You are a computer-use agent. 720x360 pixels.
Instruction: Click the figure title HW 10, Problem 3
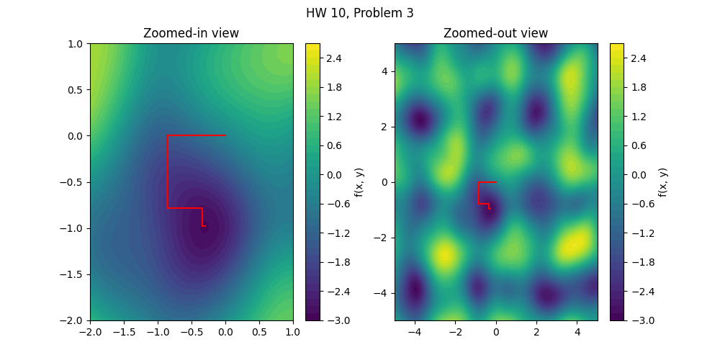[359, 13]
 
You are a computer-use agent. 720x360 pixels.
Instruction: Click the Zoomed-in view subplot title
[191, 33]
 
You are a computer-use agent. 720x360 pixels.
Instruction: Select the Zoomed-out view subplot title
[495, 33]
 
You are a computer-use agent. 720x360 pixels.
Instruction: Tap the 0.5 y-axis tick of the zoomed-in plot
[75, 89]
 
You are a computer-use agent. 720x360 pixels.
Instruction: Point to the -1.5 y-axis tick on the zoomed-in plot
[72, 274]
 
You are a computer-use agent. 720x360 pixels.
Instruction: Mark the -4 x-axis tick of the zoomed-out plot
[415, 331]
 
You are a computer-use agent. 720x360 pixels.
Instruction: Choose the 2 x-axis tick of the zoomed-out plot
[536, 331]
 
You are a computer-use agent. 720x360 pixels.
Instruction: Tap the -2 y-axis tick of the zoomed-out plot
[381, 238]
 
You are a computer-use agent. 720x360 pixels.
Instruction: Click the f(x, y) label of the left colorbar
[358, 182]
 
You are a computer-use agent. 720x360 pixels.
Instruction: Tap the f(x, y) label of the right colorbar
[662, 182]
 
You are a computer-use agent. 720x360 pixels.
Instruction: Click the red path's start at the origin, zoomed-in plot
[225, 135]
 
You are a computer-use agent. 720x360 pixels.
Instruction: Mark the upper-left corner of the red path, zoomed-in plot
[168, 136]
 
